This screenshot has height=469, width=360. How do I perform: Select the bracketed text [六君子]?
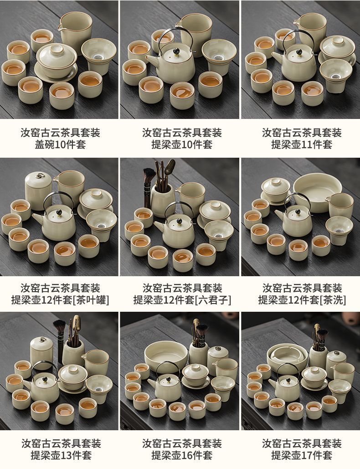pos(213,300)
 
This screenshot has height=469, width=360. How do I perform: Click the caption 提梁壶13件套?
pos(61,455)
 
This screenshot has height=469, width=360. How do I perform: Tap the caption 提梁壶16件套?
pos(182,455)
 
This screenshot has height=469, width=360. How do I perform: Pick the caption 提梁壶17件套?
pos(301,455)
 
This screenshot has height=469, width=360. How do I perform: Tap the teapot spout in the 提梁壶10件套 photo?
pos(152,61)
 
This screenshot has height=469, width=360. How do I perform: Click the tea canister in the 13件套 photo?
pos(41,352)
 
